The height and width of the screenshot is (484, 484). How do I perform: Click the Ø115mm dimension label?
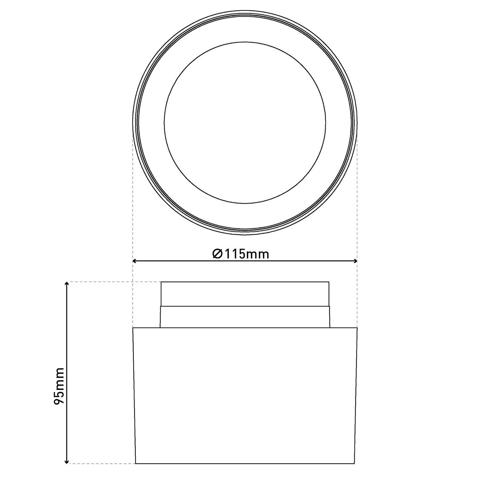click(x=241, y=254)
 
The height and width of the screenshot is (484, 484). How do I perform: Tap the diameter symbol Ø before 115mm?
click(x=217, y=254)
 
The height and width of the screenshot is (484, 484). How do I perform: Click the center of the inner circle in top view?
click(x=245, y=123)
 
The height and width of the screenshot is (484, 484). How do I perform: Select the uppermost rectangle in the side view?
click(x=245, y=294)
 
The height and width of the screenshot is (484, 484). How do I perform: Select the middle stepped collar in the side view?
click(x=245, y=317)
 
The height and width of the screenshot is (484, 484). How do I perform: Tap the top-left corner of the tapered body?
click(x=133, y=328)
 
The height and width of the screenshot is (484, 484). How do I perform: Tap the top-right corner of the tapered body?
click(x=357, y=328)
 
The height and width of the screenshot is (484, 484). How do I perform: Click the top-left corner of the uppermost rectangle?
click(x=161, y=282)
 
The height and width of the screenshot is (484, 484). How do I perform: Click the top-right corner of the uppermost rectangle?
click(x=329, y=282)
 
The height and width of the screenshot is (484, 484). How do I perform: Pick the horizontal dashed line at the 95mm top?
click(x=115, y=282)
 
